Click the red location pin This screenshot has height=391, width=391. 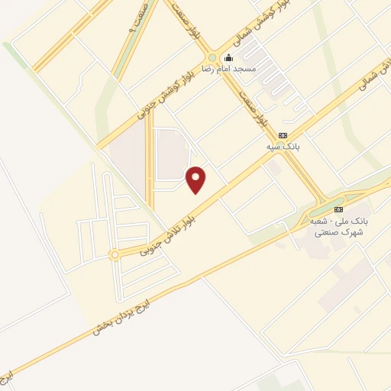197,179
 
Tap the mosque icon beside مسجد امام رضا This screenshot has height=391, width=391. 227,57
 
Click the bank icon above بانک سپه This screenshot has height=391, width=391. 283,135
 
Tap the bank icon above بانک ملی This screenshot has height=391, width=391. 339,208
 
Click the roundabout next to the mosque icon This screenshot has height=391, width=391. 212,58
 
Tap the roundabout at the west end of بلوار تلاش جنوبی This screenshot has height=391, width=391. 115,255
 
